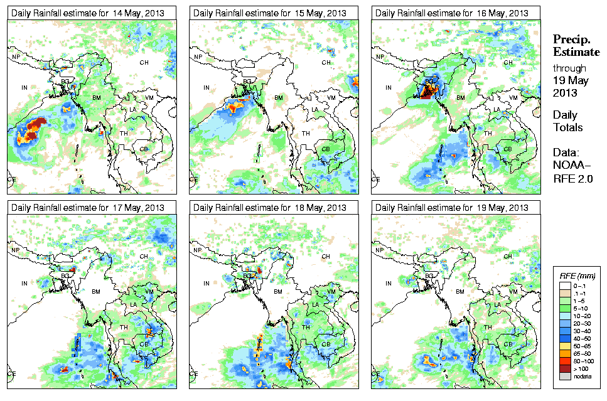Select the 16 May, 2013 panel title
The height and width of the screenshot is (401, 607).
point(449,13)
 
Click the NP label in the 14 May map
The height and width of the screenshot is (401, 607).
point(16,57)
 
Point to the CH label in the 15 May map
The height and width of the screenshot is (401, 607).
point(326,62)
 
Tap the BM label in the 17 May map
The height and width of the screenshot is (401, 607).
point(96,292)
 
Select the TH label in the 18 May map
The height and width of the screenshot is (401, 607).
point(306,328)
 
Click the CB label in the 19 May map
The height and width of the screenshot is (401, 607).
point(507,344)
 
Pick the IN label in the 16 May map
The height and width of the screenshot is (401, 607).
point(389,88)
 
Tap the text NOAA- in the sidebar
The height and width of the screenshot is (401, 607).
point(568,166)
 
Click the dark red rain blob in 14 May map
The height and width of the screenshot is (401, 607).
point(38,123)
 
